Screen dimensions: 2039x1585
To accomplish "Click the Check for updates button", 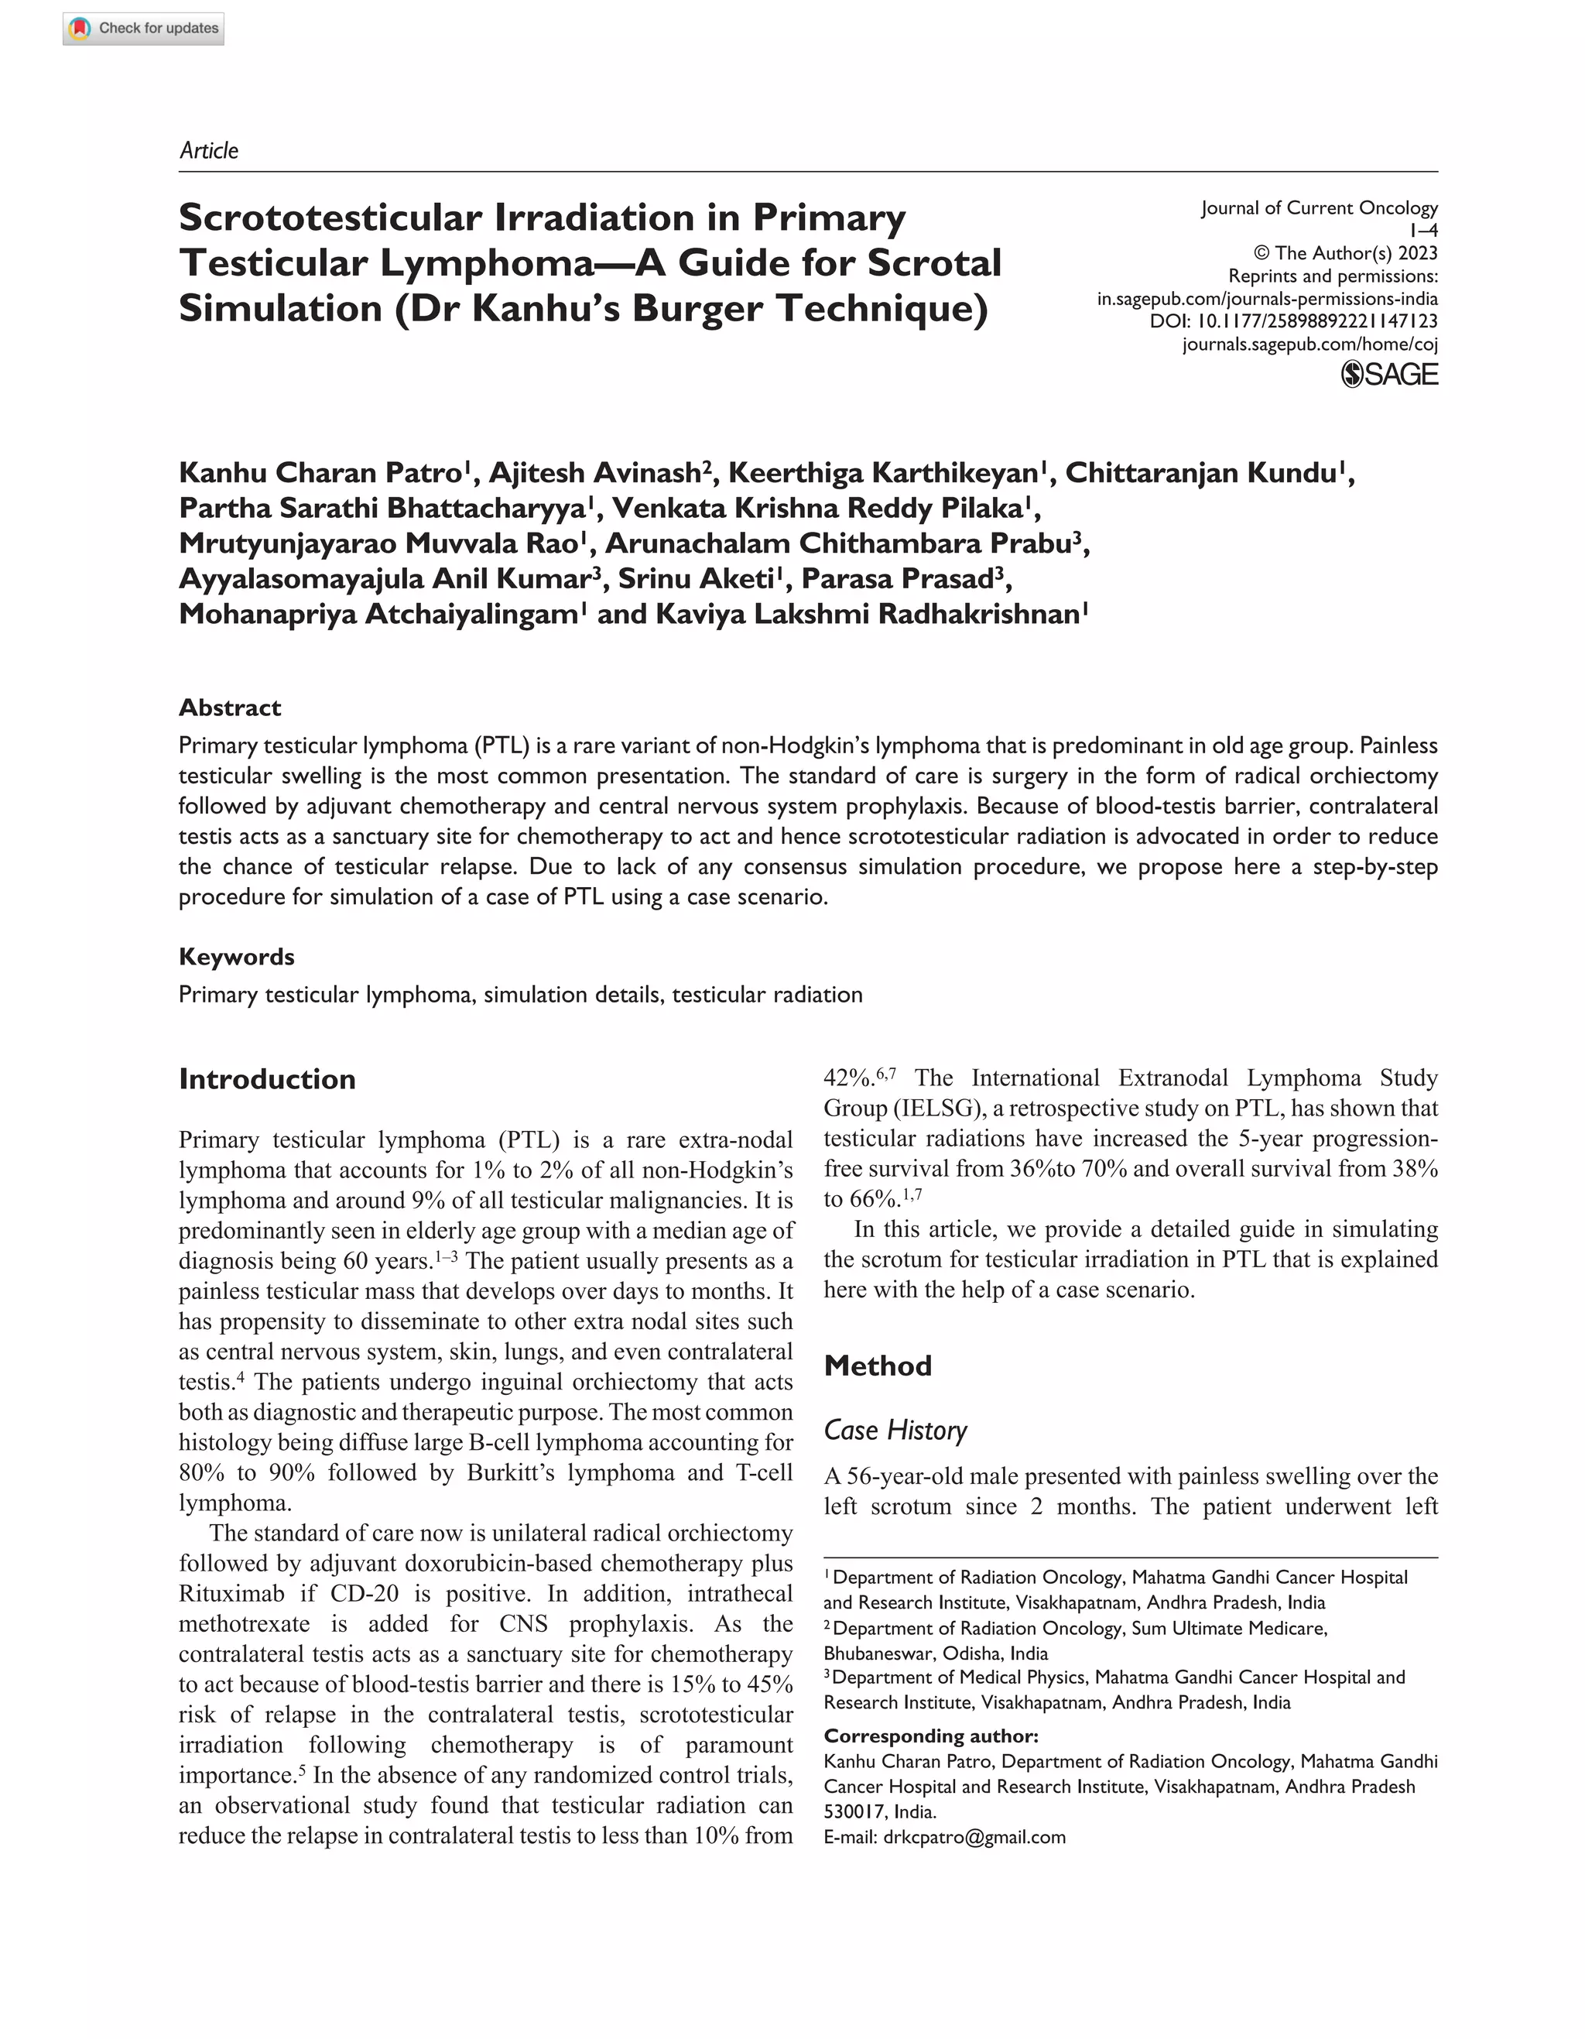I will pos(144,28).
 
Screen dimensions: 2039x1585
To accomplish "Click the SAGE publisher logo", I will pos(1389,375).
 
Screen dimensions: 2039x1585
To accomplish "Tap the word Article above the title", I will pos(208,150).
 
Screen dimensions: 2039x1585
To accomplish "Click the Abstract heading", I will pos(230,708).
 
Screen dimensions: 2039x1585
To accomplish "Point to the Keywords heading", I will pos(236,956).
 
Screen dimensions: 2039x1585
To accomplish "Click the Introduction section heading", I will pos(267,1079).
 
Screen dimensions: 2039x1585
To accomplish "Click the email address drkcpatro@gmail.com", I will pos(974,1837).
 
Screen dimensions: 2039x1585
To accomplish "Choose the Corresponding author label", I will pos(931,1736).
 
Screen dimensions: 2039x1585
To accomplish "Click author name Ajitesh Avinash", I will pos(596,472).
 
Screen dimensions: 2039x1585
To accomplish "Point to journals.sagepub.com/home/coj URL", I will pos(1309,344).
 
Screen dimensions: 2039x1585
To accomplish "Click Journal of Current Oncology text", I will pos(1319,207).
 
